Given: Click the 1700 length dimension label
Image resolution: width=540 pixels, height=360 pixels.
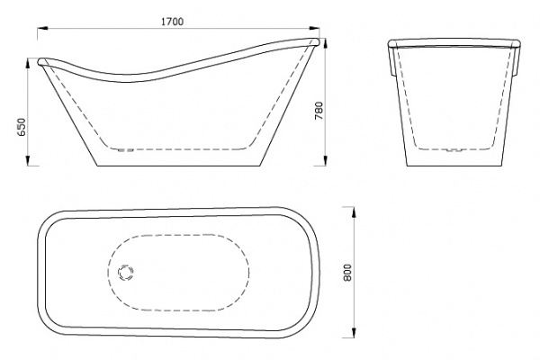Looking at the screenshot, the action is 172,22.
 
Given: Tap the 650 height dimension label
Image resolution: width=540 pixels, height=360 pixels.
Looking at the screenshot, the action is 22,127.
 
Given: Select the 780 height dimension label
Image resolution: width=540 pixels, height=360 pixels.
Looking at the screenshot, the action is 319,111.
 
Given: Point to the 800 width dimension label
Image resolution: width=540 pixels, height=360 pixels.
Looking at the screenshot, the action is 347,273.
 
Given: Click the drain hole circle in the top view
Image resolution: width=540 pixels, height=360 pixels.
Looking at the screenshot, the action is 125,272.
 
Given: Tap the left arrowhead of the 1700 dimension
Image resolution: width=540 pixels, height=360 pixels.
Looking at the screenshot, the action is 42,29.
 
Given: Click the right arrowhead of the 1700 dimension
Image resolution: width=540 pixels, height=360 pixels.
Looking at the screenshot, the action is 315,29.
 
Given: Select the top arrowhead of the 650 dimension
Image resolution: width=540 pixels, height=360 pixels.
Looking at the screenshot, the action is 28,64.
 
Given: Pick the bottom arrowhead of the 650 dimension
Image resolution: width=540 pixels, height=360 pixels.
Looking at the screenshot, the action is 28,160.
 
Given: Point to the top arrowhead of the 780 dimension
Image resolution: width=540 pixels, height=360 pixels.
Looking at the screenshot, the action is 326,43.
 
